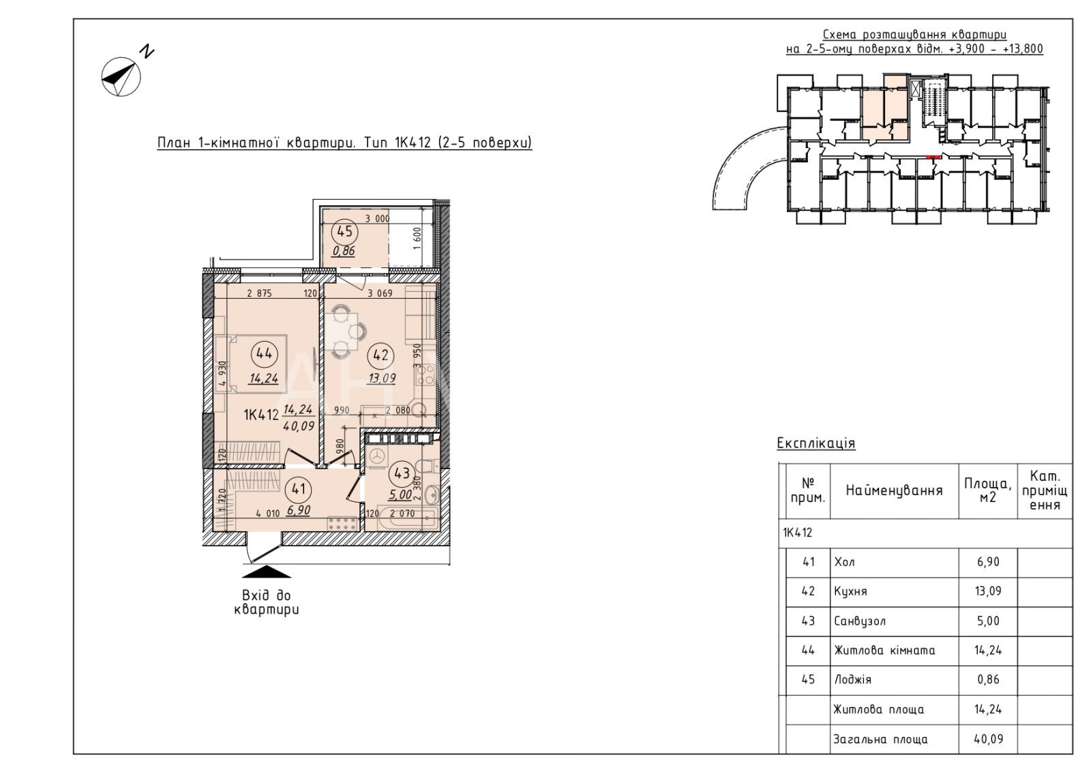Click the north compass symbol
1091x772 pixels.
(121, 76)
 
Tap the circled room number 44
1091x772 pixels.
(264, 354)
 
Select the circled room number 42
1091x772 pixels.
(380, 355)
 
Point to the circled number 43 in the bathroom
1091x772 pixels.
(402, 473)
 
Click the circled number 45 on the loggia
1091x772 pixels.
(344, 231)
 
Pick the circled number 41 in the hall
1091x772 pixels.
(298, 488)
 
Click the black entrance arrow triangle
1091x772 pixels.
(267, 571)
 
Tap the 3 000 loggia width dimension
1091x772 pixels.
(378, 219)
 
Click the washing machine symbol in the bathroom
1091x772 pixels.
(376, 457)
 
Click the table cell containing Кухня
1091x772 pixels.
(894, 592)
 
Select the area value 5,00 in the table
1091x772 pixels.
(988, 621)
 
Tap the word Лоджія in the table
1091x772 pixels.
(852, 679)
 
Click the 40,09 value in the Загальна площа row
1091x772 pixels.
(988, 739)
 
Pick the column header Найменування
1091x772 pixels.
(894, 490)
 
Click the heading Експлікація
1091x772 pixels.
(816, 443)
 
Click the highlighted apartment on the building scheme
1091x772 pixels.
(885, 108)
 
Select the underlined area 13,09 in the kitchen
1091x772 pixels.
(381, 378)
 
